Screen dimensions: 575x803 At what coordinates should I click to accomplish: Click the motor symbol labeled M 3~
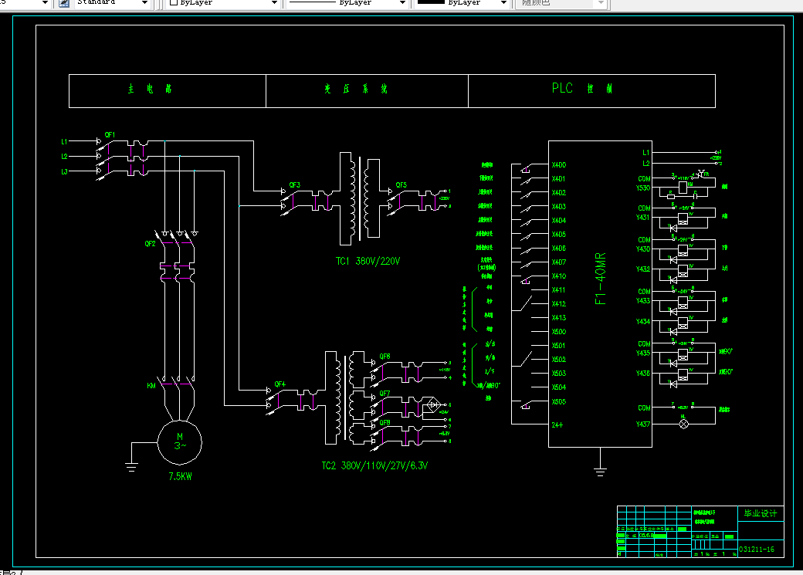tap(179, 441)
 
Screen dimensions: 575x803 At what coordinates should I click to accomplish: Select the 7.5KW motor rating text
tap(179, 476)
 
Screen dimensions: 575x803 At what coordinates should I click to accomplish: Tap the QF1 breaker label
tap(110, 135)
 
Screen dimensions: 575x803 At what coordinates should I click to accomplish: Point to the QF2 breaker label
tap(151, 243)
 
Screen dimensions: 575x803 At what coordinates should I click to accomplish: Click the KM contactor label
tap(151, 385)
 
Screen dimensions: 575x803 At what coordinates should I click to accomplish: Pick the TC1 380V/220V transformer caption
tap(368, 261)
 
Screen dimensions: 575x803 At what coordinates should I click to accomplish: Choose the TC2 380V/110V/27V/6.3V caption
tap(374, 465)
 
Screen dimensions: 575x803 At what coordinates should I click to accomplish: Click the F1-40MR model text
tap(601, 278)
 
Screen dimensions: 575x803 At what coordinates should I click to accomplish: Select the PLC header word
tap(562, 89)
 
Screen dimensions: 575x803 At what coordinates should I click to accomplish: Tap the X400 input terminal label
tap(558, 165)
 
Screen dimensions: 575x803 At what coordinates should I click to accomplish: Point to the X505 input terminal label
tap(558, 402)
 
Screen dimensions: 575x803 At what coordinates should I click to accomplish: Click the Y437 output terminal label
tap(643, 424)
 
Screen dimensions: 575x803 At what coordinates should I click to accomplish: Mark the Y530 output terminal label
tap(643, 188)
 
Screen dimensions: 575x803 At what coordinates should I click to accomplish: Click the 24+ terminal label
tap(557, 424)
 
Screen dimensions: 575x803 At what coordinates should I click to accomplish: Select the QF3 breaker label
tap(294, 184)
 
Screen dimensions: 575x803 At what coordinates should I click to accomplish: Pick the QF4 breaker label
tap(280, 384)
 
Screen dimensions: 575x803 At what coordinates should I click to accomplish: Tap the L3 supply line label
tap(64, 171)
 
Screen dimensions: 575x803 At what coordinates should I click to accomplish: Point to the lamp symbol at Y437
tap(683, 424)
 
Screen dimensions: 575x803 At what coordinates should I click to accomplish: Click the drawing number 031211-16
tap(756, 550)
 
